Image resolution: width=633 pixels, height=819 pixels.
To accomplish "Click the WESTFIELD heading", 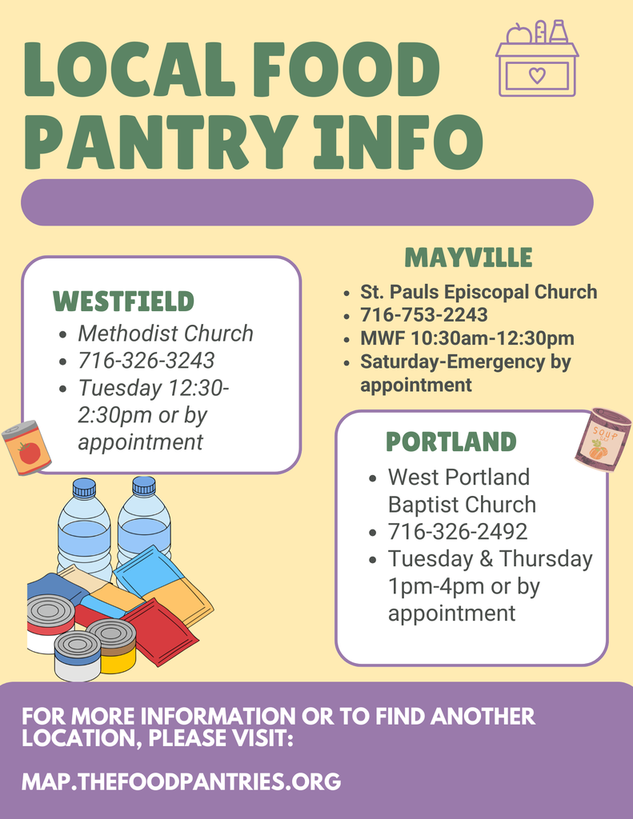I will pyautogui.click(x=123, y=302).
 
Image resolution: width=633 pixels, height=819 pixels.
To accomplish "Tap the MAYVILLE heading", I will pyautogui.click(x=468, y=257).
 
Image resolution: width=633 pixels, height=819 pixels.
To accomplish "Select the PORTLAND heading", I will pyautogui.click(x=451, y=441).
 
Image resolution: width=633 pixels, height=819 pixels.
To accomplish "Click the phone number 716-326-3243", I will pyautogui.click(x=146, y=360).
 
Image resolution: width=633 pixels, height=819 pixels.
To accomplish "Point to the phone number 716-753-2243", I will pyautogui.click(x=423, y=315).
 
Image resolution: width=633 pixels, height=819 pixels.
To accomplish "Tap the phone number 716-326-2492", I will pyautogui.click(x=458, y=531).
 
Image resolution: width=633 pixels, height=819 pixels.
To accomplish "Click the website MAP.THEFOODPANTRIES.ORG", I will pyautogui.click(x=181, y=781).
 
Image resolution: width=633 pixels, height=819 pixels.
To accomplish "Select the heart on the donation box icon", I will pyautogui.click(x=537, y=76).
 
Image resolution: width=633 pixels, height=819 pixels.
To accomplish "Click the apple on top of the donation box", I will pyautogui.click(x=519, y=34).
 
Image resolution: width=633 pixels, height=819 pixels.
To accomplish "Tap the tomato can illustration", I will pyautogui.click(x=26, y=449).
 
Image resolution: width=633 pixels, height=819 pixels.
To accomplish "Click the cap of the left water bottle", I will pyautogui.click(x=84, y=487).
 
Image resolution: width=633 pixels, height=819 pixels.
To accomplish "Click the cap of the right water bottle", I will pyautogui.click(x=144, y=485).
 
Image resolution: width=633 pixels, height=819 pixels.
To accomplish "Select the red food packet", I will pyautogui.click(x=159, y=631).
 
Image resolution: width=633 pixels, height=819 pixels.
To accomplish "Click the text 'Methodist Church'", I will pyautogui.click(x=165, y=333).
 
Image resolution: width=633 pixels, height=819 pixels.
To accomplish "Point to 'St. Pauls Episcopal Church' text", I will pyautogui.click(x=479, y=292).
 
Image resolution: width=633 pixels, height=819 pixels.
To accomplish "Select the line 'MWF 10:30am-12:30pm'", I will pyautogui.click(x=467, y=338).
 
